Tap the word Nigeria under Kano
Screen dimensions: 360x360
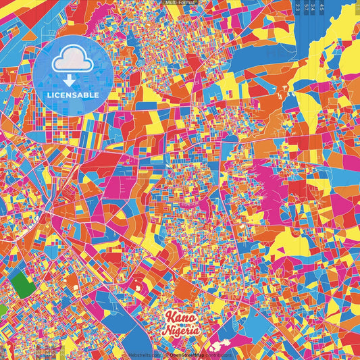180,331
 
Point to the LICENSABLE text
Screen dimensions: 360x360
74,95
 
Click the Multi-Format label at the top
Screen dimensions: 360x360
180,3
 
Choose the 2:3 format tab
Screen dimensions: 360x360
299,8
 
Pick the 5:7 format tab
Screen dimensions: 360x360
307,8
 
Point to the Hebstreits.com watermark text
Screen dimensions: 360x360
145,355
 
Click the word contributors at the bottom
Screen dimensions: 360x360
217,355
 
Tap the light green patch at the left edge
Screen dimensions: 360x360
2,310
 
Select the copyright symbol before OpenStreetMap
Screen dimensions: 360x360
167,355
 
